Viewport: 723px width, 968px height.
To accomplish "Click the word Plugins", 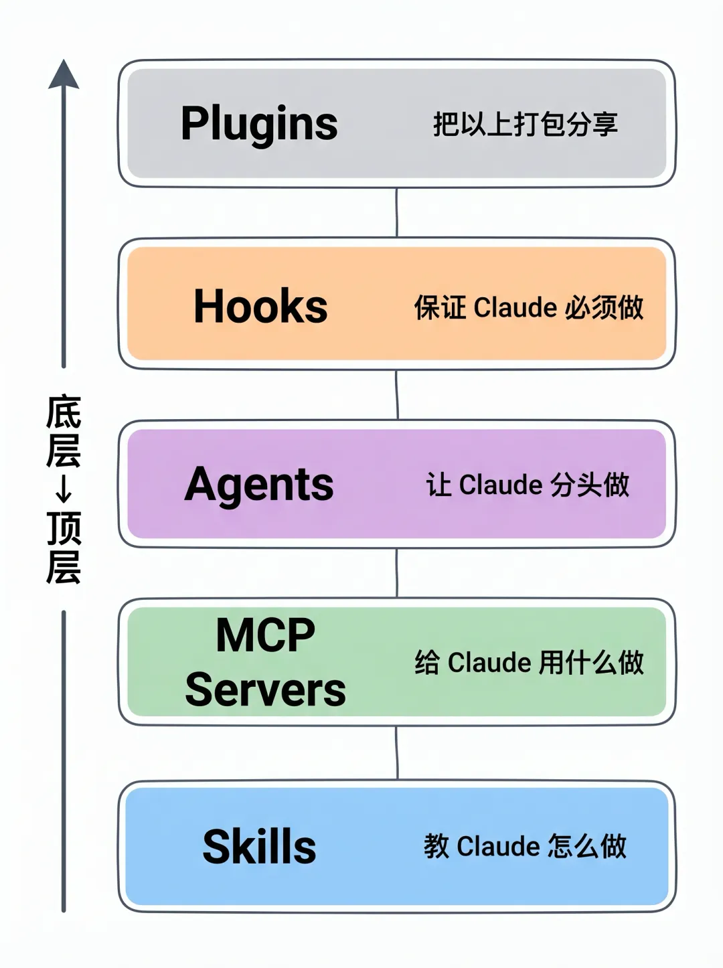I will pyautogui.click(x=259, y=124).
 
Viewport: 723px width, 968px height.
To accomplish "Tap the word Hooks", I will pyautogui.click(x=260, y=307).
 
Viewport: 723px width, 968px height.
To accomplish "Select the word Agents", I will pyautogui.click(x=259, y=484).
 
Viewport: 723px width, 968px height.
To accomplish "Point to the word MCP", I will pyautogui.click(x=265, y=635).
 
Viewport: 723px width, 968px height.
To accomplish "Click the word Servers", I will pyautogui.click(x=265, y=690).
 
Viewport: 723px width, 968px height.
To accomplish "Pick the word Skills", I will pyautogui.click(x=259, y=847).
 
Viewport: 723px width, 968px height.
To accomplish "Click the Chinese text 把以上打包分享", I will pyautogui.click(x=525, y=125).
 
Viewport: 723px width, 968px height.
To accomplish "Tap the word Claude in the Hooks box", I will pyautogui.click(x=515, y=308).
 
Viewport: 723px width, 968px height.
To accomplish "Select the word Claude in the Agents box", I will pyautogui.click(x=501, y=485).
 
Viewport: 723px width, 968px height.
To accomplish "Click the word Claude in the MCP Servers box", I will pyautogui.click(x=489, y=663).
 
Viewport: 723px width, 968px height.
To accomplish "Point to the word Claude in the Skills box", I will pyautogui.click(x=499, y=847).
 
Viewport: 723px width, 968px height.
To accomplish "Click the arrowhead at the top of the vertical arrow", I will pyautogui.click(x=64, y=74).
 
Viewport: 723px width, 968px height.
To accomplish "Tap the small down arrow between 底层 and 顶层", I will pyautogui.click(x=64, y=490).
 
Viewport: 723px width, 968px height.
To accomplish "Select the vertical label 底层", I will pyautogui.click(x=64, y=432).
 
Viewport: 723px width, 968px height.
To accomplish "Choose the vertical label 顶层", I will pyautogui.click(x=64, y=548).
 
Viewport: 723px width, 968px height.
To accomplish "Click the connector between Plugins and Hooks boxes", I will pyautogui.click(x=396, y=212).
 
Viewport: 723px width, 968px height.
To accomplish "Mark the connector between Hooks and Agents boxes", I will pyautogui.click(x=397, y=395).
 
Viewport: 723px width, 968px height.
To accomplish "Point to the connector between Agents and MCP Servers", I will pyautogui.click(x=397, y=573).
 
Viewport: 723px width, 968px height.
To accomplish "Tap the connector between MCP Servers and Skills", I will pyautogui.click(x=397, y=753).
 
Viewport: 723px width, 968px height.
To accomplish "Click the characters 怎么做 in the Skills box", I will pyautogui.click(x=586, y=847).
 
